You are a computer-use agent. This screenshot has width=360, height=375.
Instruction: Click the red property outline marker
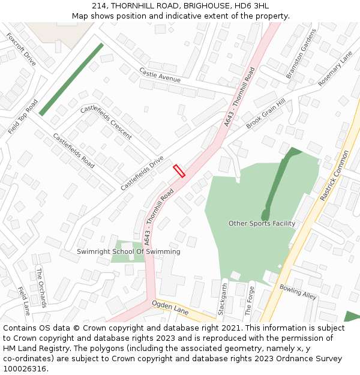[179, 171]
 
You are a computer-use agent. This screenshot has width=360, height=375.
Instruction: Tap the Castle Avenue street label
[160, 75]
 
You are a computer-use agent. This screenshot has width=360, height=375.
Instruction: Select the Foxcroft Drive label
[21, 49]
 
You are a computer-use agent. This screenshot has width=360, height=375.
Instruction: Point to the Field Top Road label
[23, 116]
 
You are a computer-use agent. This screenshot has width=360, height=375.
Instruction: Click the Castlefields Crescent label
[106, 122]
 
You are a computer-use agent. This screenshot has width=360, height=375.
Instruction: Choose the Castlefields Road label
[74, 150]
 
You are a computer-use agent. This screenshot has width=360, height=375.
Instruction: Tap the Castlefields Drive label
[142, 173]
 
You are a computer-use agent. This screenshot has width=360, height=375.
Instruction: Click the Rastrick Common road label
[334, 175]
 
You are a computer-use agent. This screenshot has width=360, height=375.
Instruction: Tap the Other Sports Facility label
[262, 223]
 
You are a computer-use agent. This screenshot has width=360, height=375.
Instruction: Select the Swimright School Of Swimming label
[128, 251]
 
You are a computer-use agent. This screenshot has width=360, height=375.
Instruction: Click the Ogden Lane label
[170, 308]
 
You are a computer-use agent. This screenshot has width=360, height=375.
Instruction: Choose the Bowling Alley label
[298, 292]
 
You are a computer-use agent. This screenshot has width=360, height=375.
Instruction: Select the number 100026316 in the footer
[25, 368]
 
